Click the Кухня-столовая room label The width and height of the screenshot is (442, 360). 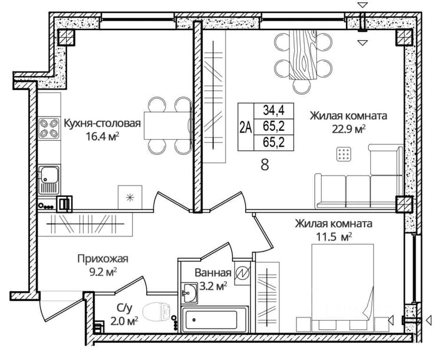[103, 124]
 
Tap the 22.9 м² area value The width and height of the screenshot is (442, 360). [349, 129]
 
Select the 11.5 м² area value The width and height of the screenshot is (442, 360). [334, 237]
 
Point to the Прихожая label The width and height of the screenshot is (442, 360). [103, 259]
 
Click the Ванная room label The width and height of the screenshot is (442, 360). [213, 273]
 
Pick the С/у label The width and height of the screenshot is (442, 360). [124, 309]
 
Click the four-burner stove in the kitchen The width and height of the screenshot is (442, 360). [49, 128]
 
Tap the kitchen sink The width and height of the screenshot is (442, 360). [49, 180]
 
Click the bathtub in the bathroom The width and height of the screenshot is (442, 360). [215, 320]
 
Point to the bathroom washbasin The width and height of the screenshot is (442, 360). [189, 293]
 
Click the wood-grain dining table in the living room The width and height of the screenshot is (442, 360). [303, 55]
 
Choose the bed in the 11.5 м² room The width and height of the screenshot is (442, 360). [342, 288]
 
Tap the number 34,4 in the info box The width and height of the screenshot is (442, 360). [273, 110]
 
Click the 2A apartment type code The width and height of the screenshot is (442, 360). [246, 127]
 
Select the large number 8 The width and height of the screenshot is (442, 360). [265, 164]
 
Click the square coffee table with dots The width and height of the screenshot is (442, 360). [344, 154]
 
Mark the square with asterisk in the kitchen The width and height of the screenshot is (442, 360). [130, 197]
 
